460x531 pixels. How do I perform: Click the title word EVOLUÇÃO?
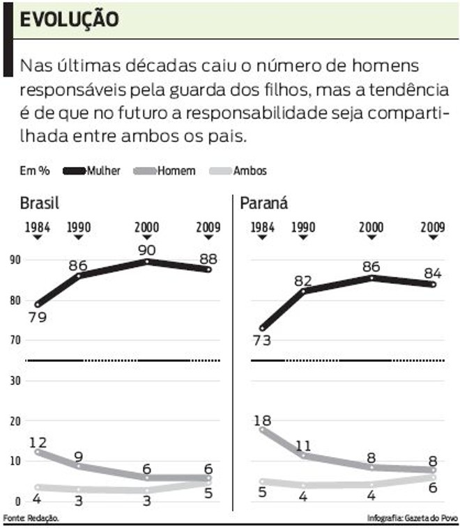(x=68, y=19)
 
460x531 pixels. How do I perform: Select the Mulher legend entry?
(x=104, y=171)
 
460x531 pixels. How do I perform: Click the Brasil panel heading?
(x=39, y=203)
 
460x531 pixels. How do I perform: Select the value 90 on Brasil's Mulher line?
(x=147, y=249)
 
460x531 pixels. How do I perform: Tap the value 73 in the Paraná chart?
(x=262, y=340)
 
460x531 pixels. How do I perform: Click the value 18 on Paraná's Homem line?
(x=264, y=420)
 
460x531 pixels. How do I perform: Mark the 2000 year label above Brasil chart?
(x=147, y=227)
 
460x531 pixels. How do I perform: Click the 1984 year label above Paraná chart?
(x=262, y=227)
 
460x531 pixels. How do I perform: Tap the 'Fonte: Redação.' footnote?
(x=31, y=518)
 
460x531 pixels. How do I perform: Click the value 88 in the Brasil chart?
(x=207, y=257)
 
